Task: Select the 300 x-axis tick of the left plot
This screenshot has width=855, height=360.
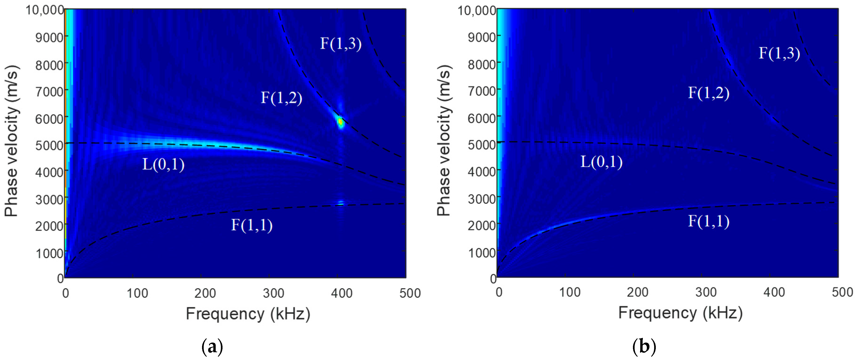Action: [x=273, y=293]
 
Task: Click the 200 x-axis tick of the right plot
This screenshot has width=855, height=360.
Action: [x=637, y=292]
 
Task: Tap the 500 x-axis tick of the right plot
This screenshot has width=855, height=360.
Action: [x=842, y=292]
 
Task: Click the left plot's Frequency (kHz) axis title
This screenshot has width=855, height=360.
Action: [x=248, y=314]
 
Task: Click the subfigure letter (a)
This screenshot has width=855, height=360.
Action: [x=212, y=347]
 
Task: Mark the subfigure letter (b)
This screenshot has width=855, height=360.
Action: [x=644, y=347]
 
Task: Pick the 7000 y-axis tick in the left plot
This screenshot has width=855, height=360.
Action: [x=49, y=91]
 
